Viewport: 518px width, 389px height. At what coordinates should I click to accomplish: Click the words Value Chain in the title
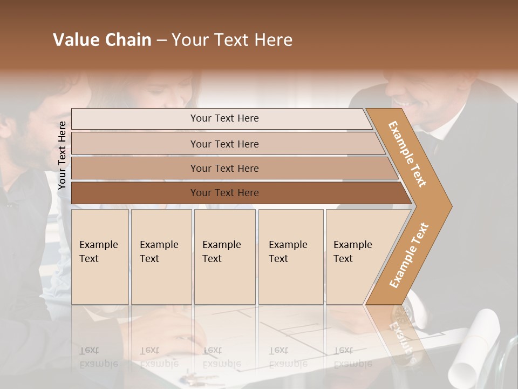click(x=102, y=40)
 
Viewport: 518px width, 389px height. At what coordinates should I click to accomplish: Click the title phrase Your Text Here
click(x=232, y=40)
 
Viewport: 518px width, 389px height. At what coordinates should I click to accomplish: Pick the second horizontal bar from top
click(x=224, y=144)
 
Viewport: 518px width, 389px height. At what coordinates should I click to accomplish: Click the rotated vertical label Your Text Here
click(x=62, y=155)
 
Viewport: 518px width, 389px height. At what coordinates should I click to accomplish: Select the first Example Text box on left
click(x=100, y=257)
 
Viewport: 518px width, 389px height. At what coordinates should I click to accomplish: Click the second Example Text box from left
click(x=161, y=257)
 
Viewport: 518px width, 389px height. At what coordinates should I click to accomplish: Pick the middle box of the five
click(x=224, y=257)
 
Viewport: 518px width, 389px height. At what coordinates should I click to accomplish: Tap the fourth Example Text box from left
click(x=290, y=257)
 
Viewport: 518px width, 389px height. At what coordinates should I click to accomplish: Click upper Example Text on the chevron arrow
click(x=407, y=154)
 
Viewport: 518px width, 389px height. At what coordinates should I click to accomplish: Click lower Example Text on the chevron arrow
click(x=409, y=255)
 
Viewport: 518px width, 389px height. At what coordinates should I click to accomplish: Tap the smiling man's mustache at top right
click(x=412, y=104)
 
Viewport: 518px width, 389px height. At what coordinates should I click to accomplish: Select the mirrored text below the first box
click(x=98, y=357)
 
